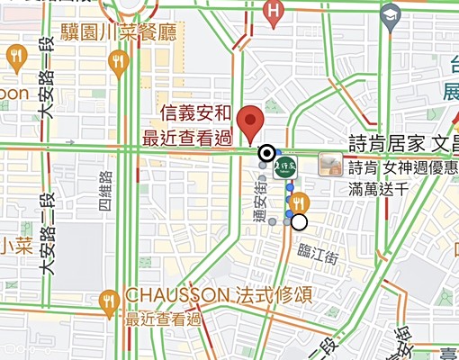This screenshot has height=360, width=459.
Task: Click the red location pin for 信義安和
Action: (x=248, y=122)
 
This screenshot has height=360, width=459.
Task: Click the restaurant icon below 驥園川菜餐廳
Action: (x=118, y=61)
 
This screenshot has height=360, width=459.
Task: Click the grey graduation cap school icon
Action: (x=390, y=13)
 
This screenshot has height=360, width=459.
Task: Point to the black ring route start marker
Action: (x=266, y=153)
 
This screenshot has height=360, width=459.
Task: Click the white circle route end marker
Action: (x=299, y=222)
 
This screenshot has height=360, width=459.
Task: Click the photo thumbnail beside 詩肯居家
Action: (x=331, y=165)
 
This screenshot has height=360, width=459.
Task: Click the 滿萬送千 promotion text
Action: (x=378, y=189)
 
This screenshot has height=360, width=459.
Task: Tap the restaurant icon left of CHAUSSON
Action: (x=111, y=299)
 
